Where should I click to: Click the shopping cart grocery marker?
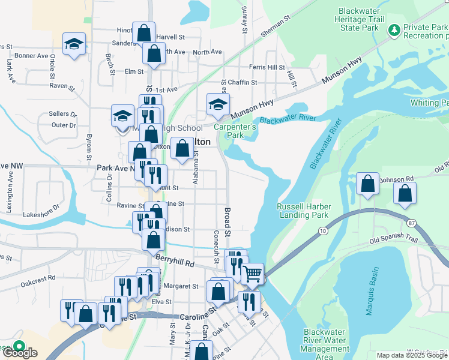click(x=253, y=274)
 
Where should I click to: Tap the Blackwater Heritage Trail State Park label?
click(x=358, y=19)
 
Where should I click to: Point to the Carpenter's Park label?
click(x=237, y=131)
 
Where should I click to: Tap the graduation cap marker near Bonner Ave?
click(x=74, y=44)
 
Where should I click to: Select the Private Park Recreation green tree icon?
click(x=394, y=28)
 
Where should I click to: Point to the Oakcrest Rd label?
click(x=38, y=278)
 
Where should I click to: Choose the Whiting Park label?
click(x=429, y=103)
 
